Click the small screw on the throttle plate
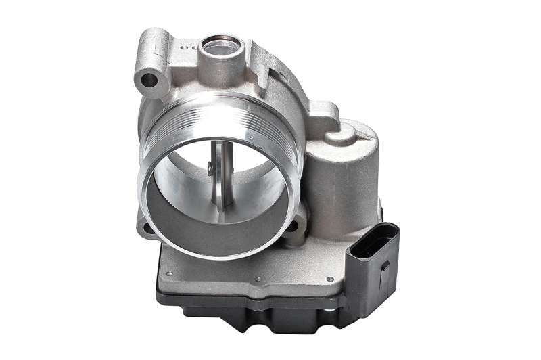click(211, 168)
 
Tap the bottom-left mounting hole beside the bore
click(144, 229)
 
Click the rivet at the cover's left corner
click(168, 273)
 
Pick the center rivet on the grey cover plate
click(257, 277)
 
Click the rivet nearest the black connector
click(329, 279)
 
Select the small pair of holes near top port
click(190, 49)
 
